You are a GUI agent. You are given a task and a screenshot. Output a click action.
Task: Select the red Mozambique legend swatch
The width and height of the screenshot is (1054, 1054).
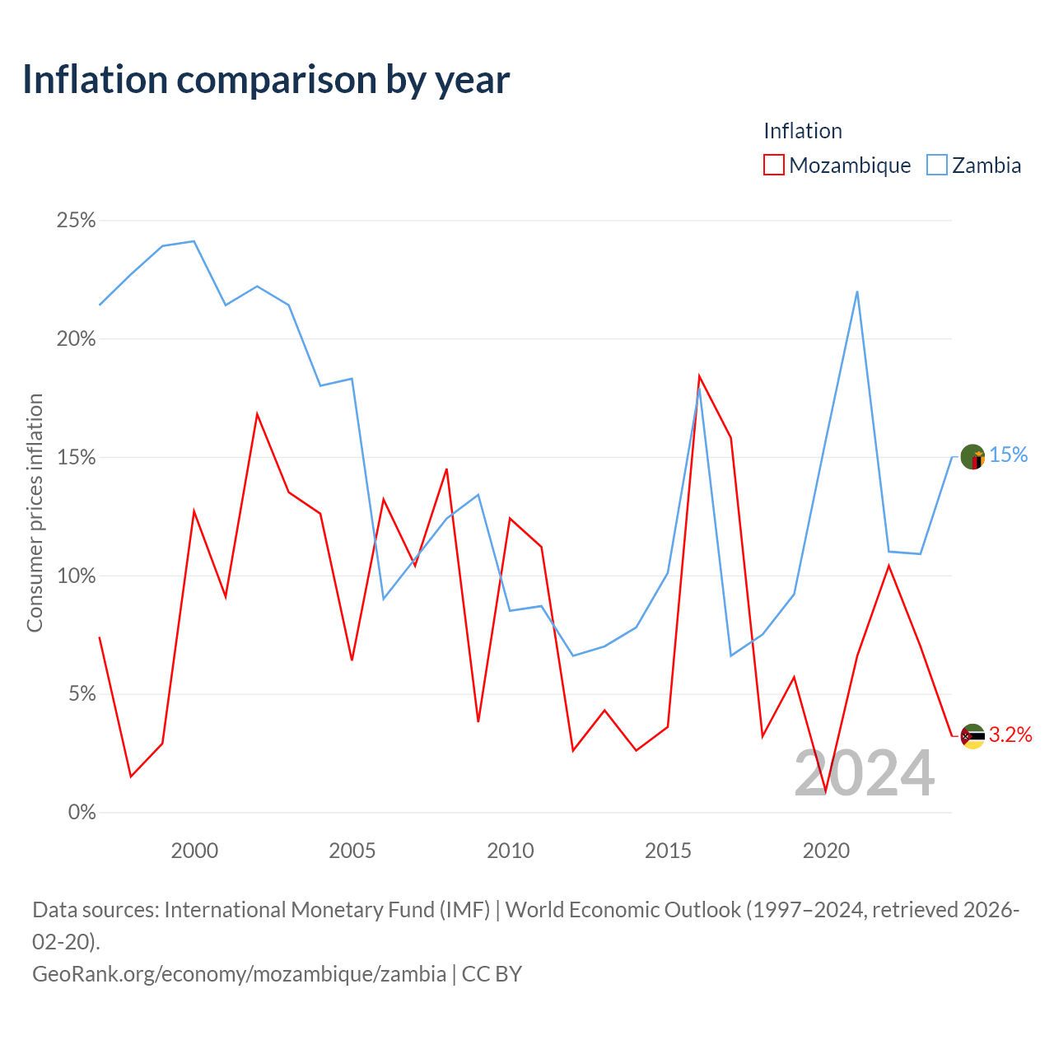click(773, 165)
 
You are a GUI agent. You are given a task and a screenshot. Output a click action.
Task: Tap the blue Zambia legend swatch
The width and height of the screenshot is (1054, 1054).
click(936, 165)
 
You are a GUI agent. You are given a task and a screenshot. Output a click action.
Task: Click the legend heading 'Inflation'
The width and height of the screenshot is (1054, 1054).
click(802, 131)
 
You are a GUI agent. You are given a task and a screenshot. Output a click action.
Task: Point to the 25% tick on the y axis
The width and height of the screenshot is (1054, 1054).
click(76, 221)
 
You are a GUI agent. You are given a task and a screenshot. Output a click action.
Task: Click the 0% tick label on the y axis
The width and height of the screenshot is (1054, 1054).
click(82, 812)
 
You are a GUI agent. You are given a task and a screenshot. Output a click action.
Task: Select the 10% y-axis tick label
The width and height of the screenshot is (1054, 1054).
click(76, 576)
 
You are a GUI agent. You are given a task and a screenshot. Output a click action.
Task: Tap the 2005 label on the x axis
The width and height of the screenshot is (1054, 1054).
click(352, 851)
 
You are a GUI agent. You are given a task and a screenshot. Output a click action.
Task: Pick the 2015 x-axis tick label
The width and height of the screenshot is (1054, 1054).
click(668, 851)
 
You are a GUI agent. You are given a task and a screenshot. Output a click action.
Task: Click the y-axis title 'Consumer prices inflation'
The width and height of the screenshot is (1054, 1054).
click(35, 513)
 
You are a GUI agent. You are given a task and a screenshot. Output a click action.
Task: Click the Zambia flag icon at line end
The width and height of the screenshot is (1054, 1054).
click(972, 457)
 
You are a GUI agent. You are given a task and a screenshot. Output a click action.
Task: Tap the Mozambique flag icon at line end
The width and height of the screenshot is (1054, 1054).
click(972, 736)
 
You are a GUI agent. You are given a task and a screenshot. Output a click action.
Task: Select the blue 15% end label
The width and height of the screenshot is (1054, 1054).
click(1008, 455)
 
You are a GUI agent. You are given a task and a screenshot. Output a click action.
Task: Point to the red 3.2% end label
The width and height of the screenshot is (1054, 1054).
click(1010, 735)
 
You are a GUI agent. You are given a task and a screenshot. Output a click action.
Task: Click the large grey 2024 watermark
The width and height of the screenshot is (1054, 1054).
click(865, 773)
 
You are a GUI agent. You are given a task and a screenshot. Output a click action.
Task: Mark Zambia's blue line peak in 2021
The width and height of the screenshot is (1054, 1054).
click(857, 291)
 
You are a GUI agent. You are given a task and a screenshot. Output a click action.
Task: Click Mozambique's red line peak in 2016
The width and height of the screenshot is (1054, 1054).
click(699, 375)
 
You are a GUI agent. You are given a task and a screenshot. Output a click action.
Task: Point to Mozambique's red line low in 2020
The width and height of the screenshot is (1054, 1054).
click(825, 792)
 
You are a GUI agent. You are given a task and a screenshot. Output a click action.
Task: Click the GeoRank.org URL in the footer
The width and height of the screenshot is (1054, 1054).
click(239, 974)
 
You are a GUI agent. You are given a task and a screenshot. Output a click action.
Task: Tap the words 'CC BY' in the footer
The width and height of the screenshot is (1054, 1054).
click(492, 974)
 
